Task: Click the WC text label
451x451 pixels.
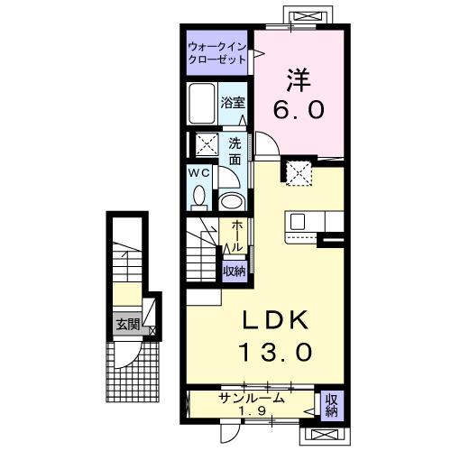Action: click(x=199, y=171)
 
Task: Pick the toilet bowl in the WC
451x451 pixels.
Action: click(x=200, y=195)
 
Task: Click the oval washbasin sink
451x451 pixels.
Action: click(x=232, y=200)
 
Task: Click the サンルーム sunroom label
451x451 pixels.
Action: click(x=251, y=398)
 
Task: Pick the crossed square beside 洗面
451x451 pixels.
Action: click(x=207, y=144)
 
